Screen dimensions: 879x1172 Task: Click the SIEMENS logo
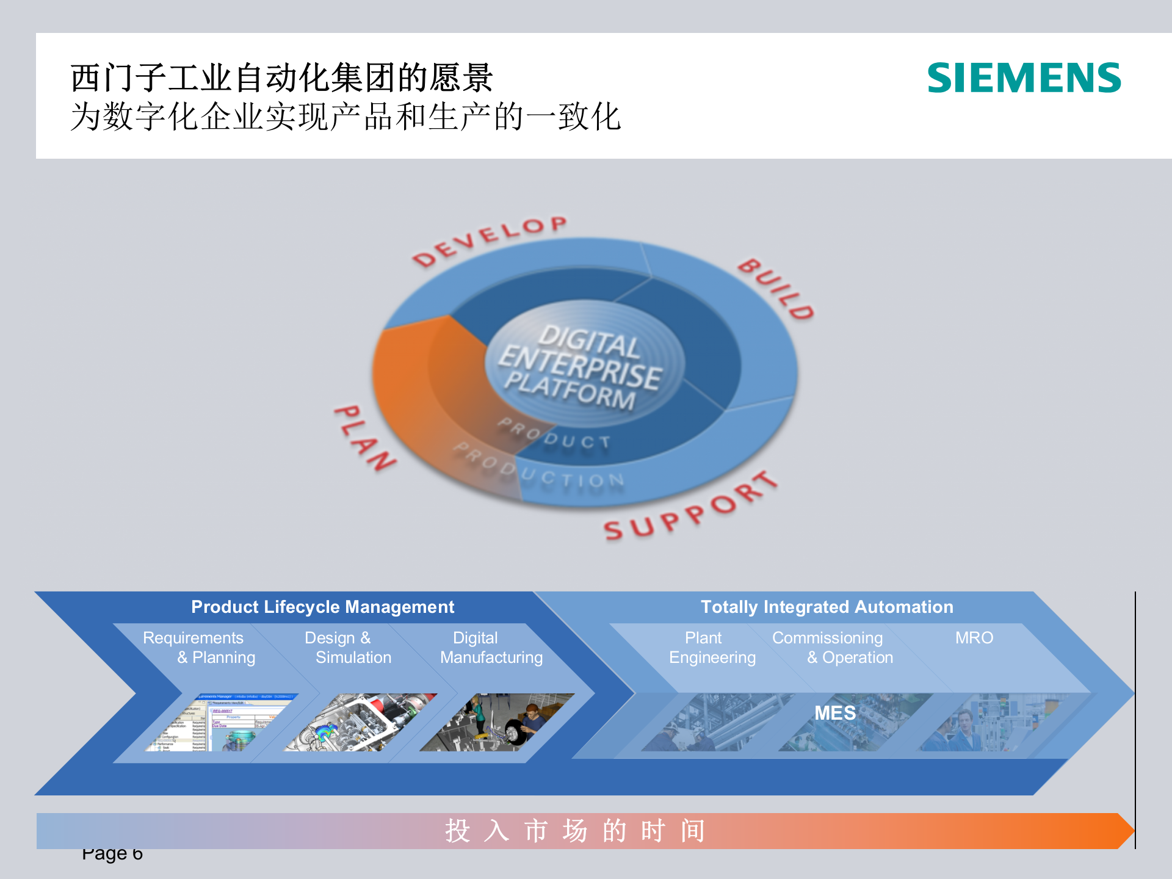[x=1024, y=78]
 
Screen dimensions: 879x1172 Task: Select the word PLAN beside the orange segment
[x=365, y=438]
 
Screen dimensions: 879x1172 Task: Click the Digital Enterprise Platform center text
[x=580, y=366]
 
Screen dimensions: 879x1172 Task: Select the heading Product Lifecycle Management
[x=322, y=607]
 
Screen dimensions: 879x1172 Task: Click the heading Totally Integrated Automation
[x=827, y=607]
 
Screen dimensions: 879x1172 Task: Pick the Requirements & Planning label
[x=199, y=648]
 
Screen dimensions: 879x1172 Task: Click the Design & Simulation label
[x=347, y=648]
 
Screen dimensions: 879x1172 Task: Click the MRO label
[x=974, y=638]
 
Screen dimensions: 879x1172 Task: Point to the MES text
[x=834, y=713]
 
